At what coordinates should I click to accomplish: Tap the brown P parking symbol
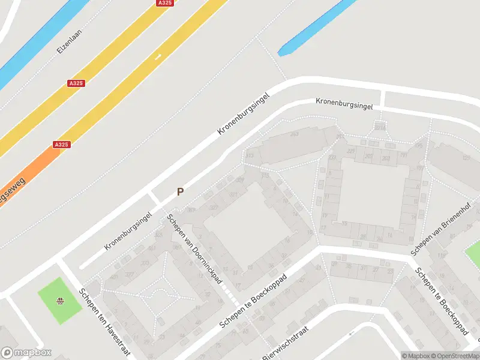(x=179, y=192)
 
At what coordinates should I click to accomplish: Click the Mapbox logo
(x=26, y=352)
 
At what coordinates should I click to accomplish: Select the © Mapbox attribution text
(x=415, y=356)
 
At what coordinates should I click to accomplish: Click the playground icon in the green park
(x=60, y=301)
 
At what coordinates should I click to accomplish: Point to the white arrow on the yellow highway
(x=158, y=57)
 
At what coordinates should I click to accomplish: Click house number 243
(x=295, y=134)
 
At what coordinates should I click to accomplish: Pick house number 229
(x=331, y=157)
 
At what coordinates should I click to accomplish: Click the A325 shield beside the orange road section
(x=62, y=145)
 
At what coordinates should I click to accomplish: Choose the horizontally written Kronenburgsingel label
(x=344, y=104)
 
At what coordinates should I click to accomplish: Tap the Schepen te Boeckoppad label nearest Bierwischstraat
(x=254, y=302)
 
